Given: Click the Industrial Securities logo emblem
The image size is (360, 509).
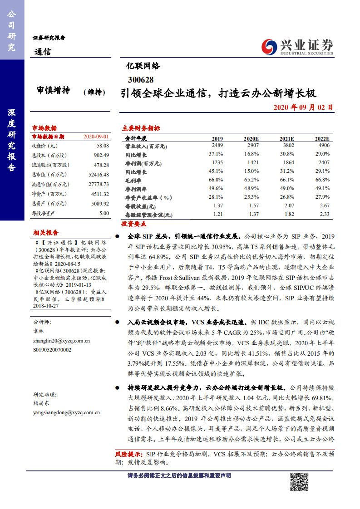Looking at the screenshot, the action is [x=269, y=46].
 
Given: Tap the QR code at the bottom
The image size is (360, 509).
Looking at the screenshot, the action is [x=300, y=482].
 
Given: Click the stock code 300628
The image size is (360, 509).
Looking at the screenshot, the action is [x=141, y=79].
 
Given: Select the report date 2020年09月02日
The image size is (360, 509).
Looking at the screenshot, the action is [x=303, y=108].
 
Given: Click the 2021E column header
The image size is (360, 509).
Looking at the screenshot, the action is [x=286, y=138].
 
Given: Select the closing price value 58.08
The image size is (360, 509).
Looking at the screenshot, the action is [x=103, y=146].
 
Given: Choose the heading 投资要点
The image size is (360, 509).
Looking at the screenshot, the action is [x=133, y=224].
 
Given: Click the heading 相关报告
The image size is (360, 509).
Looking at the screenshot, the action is [x=45, y=233].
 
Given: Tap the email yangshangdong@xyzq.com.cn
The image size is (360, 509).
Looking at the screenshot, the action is [x=66, y=412].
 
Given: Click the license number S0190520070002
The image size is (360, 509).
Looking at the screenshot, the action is [x=52, y=349].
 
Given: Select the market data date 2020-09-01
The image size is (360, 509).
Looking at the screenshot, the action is [x=96, y=137].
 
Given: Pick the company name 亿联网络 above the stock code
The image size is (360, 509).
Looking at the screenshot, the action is [x=143, y=66].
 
